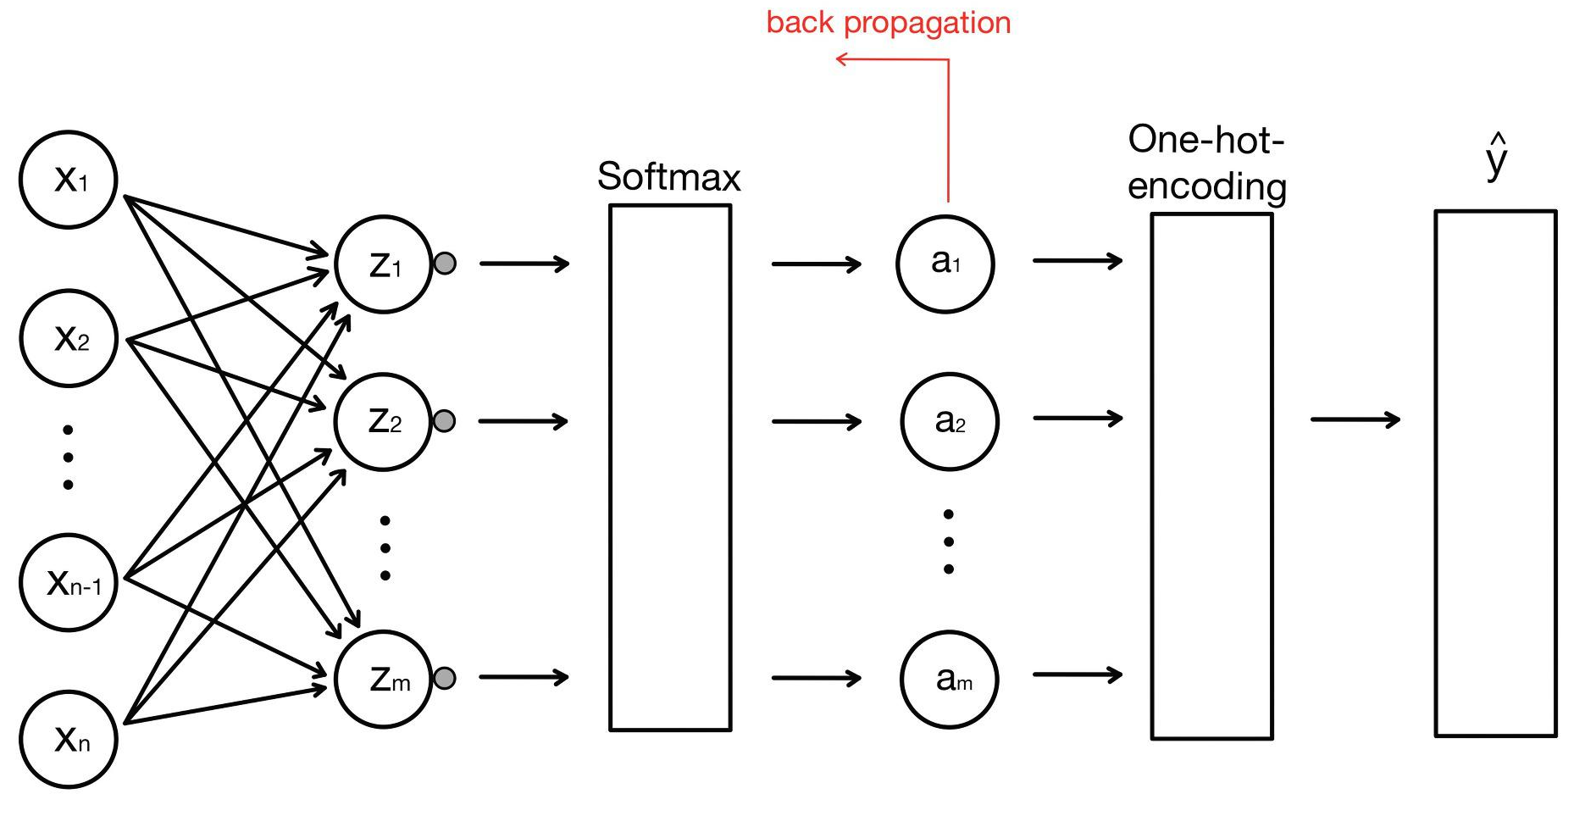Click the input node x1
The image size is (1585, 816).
[x=68, y=180]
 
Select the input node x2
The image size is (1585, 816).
[x=69, y=338]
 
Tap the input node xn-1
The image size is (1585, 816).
[x=69, y=582]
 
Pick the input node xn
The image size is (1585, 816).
[x=69, y=740]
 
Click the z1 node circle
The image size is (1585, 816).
[x=384, y=264]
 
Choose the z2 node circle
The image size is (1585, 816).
[x=384, y=421]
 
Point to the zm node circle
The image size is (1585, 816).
[x=384, y=679]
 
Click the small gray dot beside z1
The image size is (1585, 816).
[x=445, y=264]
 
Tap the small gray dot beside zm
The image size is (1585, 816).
[x=444, y=678]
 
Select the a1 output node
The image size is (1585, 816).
[x=945, y=264]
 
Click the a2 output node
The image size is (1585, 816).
[x=949, y=421]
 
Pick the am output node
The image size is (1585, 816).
[x=949, y=679]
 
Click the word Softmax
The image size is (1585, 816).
[x=668, y=177]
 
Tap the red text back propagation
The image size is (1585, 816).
[x=889, y=23]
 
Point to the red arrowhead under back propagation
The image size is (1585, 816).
[x=842, y=58]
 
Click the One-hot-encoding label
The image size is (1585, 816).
[x=1206, y=163]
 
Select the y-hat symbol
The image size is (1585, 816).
[x=1497, y=158]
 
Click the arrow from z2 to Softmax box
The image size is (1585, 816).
[x=524, y=421]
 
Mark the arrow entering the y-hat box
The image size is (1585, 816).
[x=1355, y=419]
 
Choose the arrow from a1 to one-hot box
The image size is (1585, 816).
[x=1077, y=261]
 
